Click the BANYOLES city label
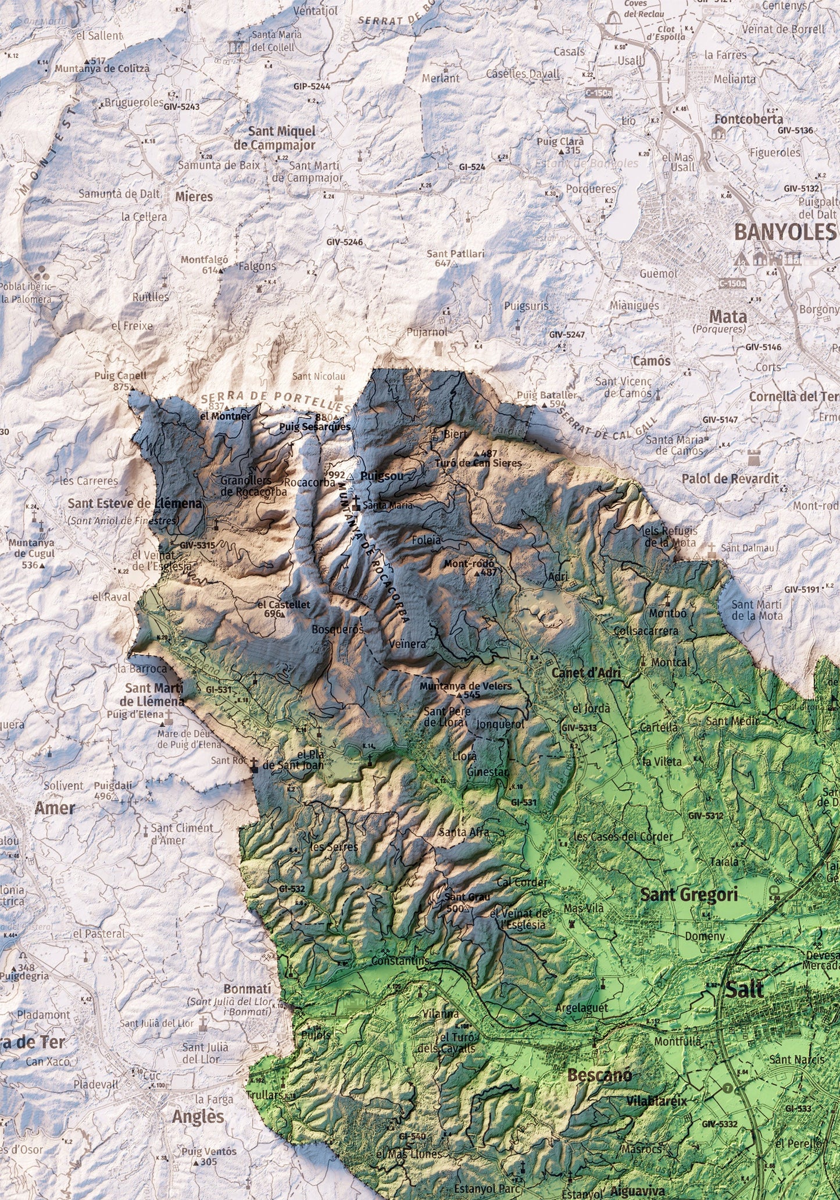pyautogui.click(x=784, y=231)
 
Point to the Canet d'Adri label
pyautogui.click(x=587, y=673)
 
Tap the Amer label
pyautogui.click(x=55, y=808)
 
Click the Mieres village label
pyautogui.click(x=194, y=197)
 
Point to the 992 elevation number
pyautogui.click(x=337, y=475)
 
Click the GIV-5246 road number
pyautogui.click(x=344, y=241)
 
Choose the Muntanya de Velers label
pyautogui.click(x=466, y=686)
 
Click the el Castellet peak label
pyautogui.click(x=284, y=604)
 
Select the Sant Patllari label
pyautogui.click(x=456, y=254)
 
